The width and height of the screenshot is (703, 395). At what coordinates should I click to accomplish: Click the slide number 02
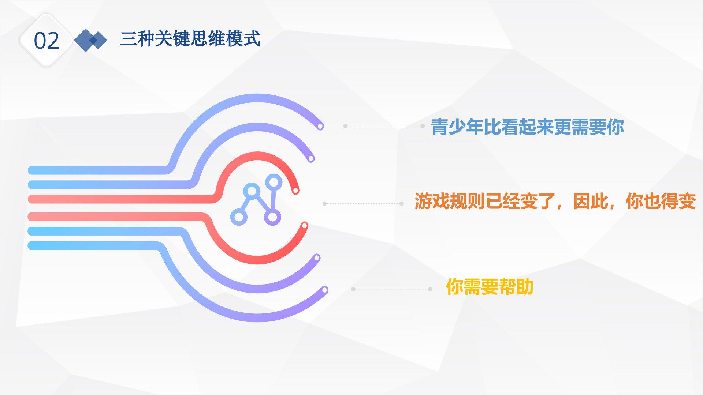[x=47, y=41]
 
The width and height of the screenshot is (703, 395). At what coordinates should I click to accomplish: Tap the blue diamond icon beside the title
[x=90, y=40]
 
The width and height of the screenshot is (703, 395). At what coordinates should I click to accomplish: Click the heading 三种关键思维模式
[x=190, y=39]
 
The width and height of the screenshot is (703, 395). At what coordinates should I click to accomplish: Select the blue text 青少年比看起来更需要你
[x=527, y=127]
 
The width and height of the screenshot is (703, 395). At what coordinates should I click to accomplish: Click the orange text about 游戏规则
[x=555, y=201]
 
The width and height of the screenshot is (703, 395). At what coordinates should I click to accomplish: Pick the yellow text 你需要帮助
[x=490, y=286]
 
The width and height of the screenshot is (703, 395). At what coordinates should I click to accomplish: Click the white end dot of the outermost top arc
[x=320, y=127]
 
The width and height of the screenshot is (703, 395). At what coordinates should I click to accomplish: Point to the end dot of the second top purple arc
[x=311, y=159]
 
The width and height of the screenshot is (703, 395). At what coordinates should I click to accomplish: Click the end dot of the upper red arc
[x=295, y=190]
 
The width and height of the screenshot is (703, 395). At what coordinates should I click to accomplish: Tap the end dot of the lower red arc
[x=304, y=226]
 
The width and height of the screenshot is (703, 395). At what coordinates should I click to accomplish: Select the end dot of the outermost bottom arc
[x=324, y=290]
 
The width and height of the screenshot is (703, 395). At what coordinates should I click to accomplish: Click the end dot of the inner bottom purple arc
[x=317, y=258]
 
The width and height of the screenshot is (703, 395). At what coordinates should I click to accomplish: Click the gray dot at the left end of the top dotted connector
[x=345, y=126]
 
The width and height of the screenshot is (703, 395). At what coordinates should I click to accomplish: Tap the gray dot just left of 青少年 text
[x=423, y=126]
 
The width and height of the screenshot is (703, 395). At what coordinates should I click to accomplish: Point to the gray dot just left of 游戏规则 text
[x=402, y=204]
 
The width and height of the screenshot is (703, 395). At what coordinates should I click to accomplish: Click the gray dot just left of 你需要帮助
[x=430, y=289]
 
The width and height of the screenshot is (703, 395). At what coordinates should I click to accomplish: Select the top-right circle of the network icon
[x=274, y=182]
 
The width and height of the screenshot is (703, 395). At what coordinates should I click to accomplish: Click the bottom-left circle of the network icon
[x=238, y=217]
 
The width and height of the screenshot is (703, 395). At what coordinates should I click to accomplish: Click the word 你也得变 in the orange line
[x=661, y=201]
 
